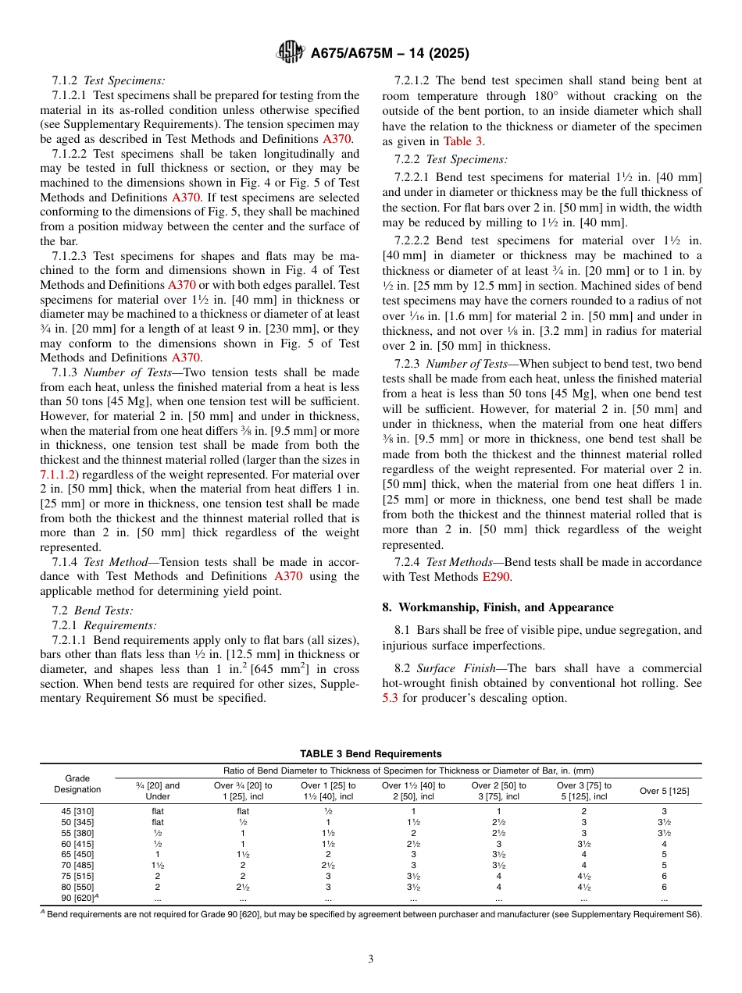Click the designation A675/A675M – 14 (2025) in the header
(x=390, y=54)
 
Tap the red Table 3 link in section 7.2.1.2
(x=463, y=141)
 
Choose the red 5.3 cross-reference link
(x=390, y=698)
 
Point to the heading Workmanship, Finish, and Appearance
(x=505, y=607)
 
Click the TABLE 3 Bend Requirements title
(x=371, y=753)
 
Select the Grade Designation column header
(x=77, y=784)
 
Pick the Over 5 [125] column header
(x=664, y=791)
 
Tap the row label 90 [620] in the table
(x=77, y=898)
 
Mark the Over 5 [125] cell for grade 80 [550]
(x=664, y=887)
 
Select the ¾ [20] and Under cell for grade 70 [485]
(x=158, y=865)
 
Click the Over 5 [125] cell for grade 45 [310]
(x=664, y=811)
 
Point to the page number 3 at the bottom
(x=371, y=959)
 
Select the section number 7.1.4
(x=66, y=562)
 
